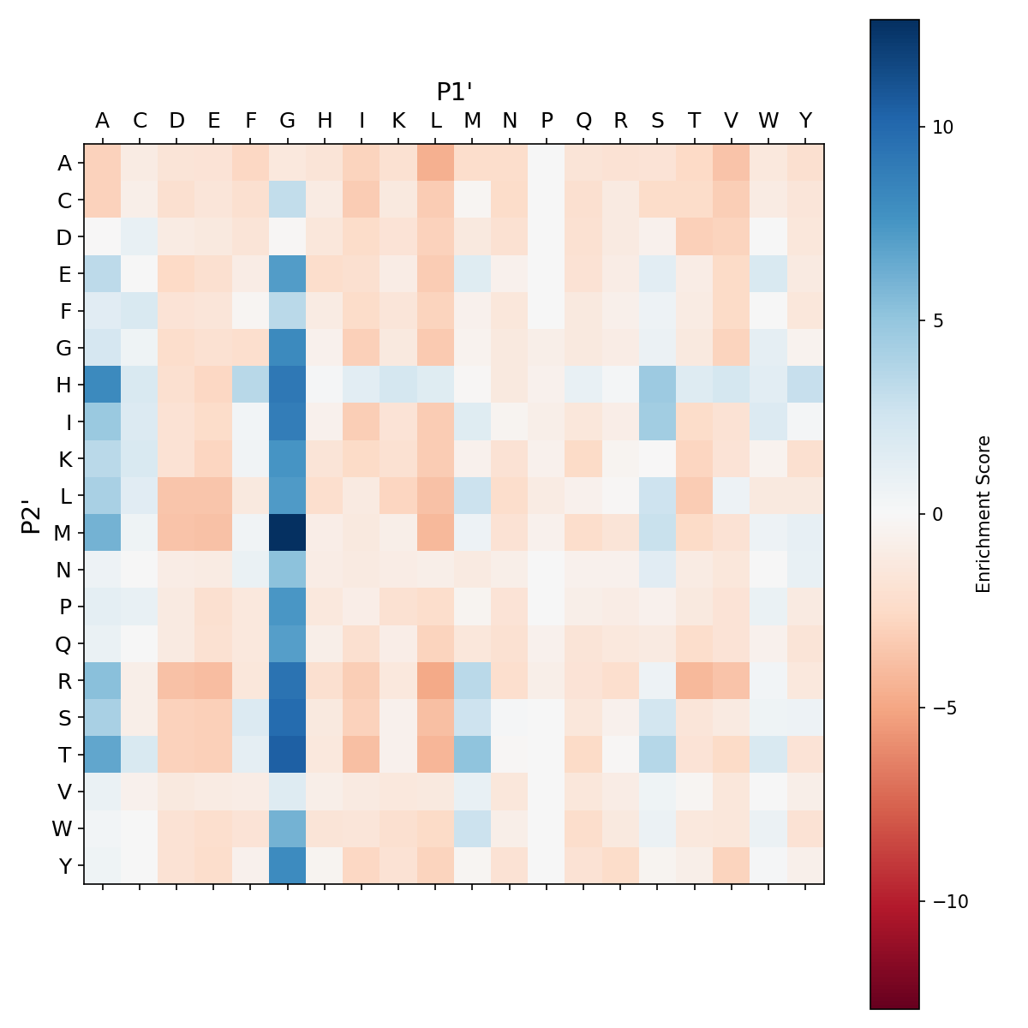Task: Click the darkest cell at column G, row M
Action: tap(288, 533)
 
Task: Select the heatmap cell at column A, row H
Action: tap(103, 385)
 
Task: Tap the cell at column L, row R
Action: tap(436, 681)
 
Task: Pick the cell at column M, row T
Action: tap(473, 755)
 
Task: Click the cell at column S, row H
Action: tap(658, 385)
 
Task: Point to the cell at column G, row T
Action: tap(288, 755)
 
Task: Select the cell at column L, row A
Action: tap(436, 163)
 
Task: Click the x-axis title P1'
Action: tap(455, 92)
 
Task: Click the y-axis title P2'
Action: tap(32, 515)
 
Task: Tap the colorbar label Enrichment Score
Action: tap(983, 514)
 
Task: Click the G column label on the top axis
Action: tap(288, 121)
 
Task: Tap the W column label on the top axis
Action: tap(768, 121)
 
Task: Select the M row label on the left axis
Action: tap(64, 533)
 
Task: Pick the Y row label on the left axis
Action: tap(64, 866)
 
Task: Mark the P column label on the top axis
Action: tap(547, 121)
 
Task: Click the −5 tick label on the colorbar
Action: tap(942, 708)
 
